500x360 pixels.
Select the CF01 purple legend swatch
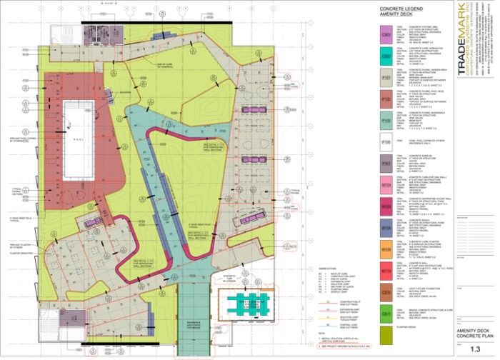tap(386, 34)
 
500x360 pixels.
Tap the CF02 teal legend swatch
tap(386, 55)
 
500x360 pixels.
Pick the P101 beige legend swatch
tap(386, 77)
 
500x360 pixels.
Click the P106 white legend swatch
tap(386, 141)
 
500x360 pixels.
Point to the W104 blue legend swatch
tap(386, 229)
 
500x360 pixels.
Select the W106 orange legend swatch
tap(386, 250)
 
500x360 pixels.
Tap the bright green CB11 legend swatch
tap(386, 312)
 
